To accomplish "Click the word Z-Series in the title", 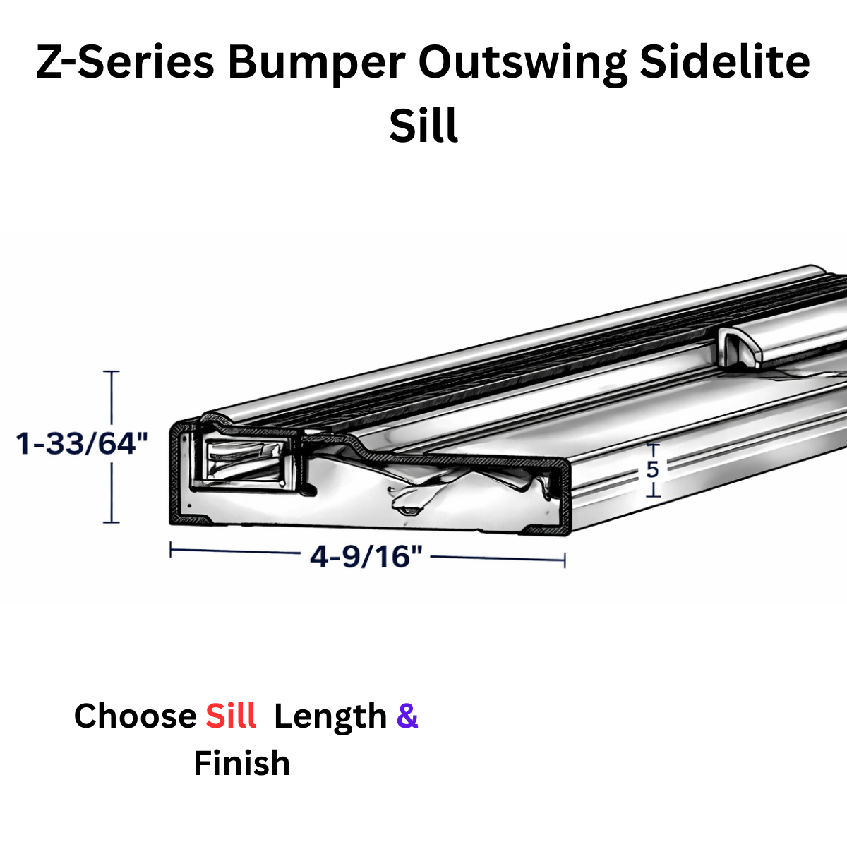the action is coord(125,61).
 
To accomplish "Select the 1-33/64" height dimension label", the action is coord(82,443).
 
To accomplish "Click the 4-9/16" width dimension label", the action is coord(366,556).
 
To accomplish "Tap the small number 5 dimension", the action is coord(653,469).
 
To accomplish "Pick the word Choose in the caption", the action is coord(135,716).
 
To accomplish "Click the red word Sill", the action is coord(232,716).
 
